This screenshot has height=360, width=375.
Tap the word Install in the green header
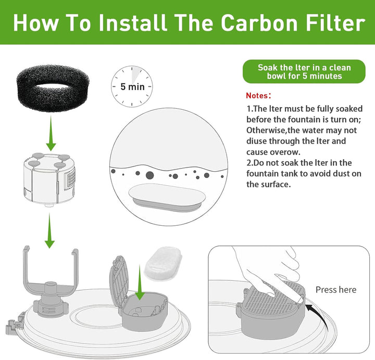[132, 22]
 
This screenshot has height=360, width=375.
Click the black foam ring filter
[53, 88]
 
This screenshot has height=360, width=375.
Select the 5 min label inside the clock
[132, 86]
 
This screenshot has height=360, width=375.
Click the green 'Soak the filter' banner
[304, 71]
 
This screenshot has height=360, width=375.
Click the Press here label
[336, 290]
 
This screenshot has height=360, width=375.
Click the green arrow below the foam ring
[51, 133]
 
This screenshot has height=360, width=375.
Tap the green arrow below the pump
[49, 230]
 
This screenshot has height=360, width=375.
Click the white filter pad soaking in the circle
[167, 197]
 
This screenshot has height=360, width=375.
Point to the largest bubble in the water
[149, 175]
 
